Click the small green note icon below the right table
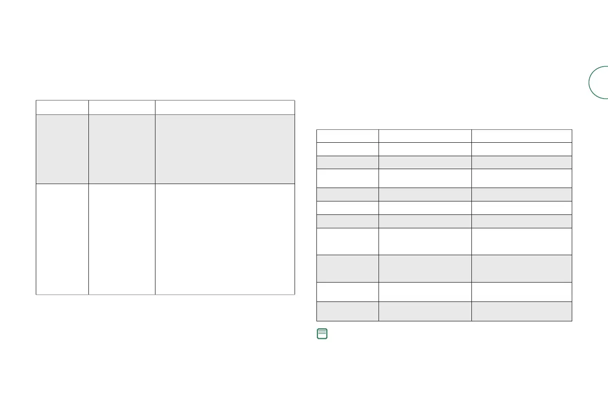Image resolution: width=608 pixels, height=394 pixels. click(x=321, y=335)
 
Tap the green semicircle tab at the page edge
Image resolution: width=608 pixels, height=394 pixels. click(x=599, y=82)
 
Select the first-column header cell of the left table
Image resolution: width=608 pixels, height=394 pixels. click(x=62, y=107)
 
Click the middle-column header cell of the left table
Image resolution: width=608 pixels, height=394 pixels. click(x=122, y=107)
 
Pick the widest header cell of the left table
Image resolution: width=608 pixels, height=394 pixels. click(x=225, y=107)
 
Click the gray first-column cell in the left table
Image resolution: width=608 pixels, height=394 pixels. click(x=62, y=149)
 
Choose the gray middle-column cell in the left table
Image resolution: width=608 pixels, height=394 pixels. click(x=122, y=149)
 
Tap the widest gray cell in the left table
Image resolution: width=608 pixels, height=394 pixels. click(x=225, y=149)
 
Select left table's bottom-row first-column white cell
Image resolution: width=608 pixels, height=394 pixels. click(x=62, y=239)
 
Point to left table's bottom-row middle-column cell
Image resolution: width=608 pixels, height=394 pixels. click(x=122, y=239)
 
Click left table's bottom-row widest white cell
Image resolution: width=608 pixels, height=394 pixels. click(x=225, y=239)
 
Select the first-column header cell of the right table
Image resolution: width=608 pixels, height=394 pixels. click(x=348, y=136)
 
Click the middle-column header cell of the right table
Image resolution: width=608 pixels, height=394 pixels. click(x=425, y=136)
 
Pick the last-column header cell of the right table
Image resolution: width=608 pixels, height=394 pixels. click(x=522, y=136)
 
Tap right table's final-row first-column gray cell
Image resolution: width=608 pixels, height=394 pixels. click(x=348, y=311)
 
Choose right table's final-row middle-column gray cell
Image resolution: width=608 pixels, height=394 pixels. click(x=425, y=311)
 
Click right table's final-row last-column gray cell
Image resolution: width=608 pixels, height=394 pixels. click(x=522, y=311)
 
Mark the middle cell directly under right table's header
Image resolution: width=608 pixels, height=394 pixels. click(x=425, y=149)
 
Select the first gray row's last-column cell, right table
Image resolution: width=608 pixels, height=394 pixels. click(x=522, y=162)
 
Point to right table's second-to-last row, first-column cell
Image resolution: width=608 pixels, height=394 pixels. click(x=348, y=292)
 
